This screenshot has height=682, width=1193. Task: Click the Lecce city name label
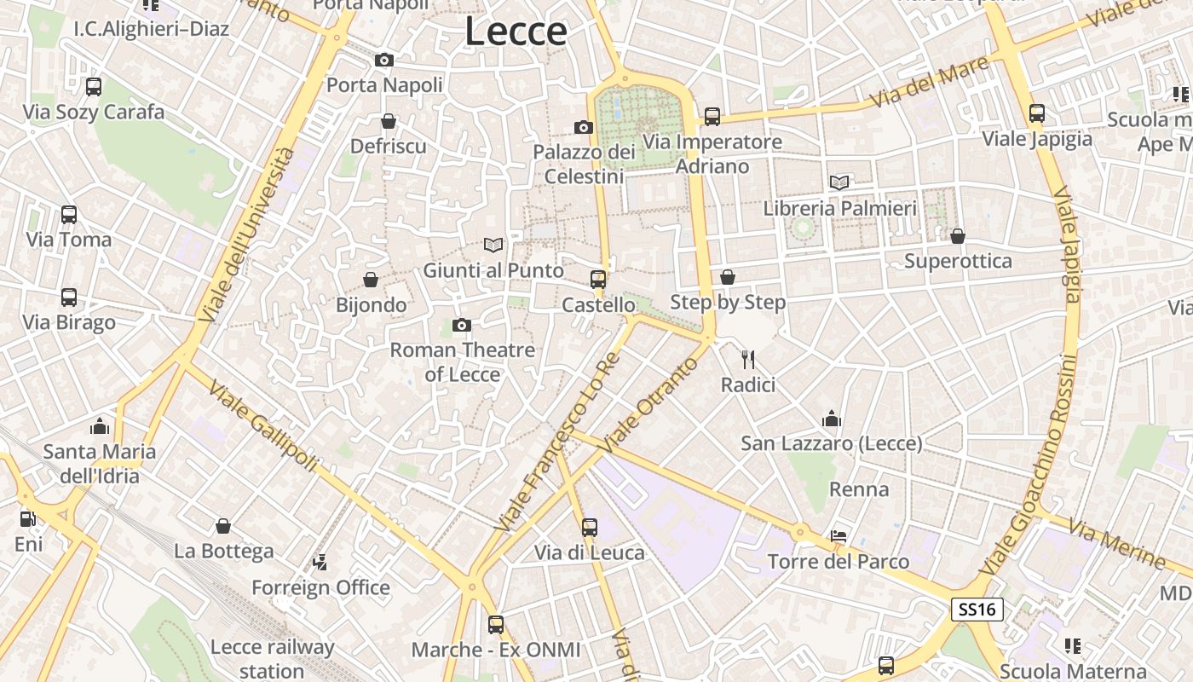tap(516, 32)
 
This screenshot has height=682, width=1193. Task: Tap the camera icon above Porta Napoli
tap(384, 60)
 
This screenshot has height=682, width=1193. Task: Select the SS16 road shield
tap(977, 609)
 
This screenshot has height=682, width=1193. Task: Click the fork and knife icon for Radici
tap(748, 359)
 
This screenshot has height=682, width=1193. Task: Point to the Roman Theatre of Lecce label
tap(463, 361)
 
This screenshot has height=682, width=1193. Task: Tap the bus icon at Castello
tap(598, 279)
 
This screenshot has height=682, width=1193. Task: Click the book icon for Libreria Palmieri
tap(839, 182)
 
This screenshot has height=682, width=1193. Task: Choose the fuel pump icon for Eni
tap(27, 517)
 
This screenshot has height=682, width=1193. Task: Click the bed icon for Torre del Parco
tap(839, 535)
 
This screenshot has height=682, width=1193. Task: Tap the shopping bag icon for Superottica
tap(958, 235)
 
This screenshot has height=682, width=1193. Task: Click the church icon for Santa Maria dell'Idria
tap(100, 425)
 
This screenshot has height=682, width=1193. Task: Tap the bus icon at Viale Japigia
tap(1037, 113)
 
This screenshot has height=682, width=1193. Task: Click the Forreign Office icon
tap(320, 562)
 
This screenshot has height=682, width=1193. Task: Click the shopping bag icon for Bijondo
tap(371, 279)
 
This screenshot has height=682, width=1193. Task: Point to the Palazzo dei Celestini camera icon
tap(584, 127)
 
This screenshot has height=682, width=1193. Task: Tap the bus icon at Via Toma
tap(69, 214)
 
